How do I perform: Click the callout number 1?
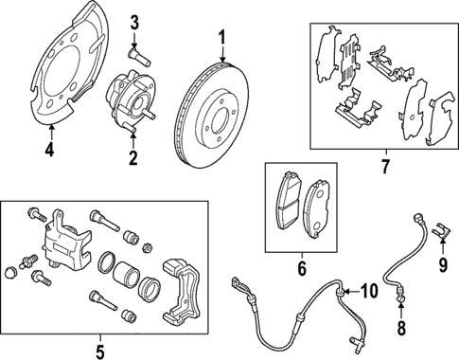(x=222, y=39)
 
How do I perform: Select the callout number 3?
(x=134, y=22)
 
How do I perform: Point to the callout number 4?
(x=49, y=147)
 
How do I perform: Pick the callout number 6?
(x=302, y=269)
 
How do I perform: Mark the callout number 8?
(x=400, y=331)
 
